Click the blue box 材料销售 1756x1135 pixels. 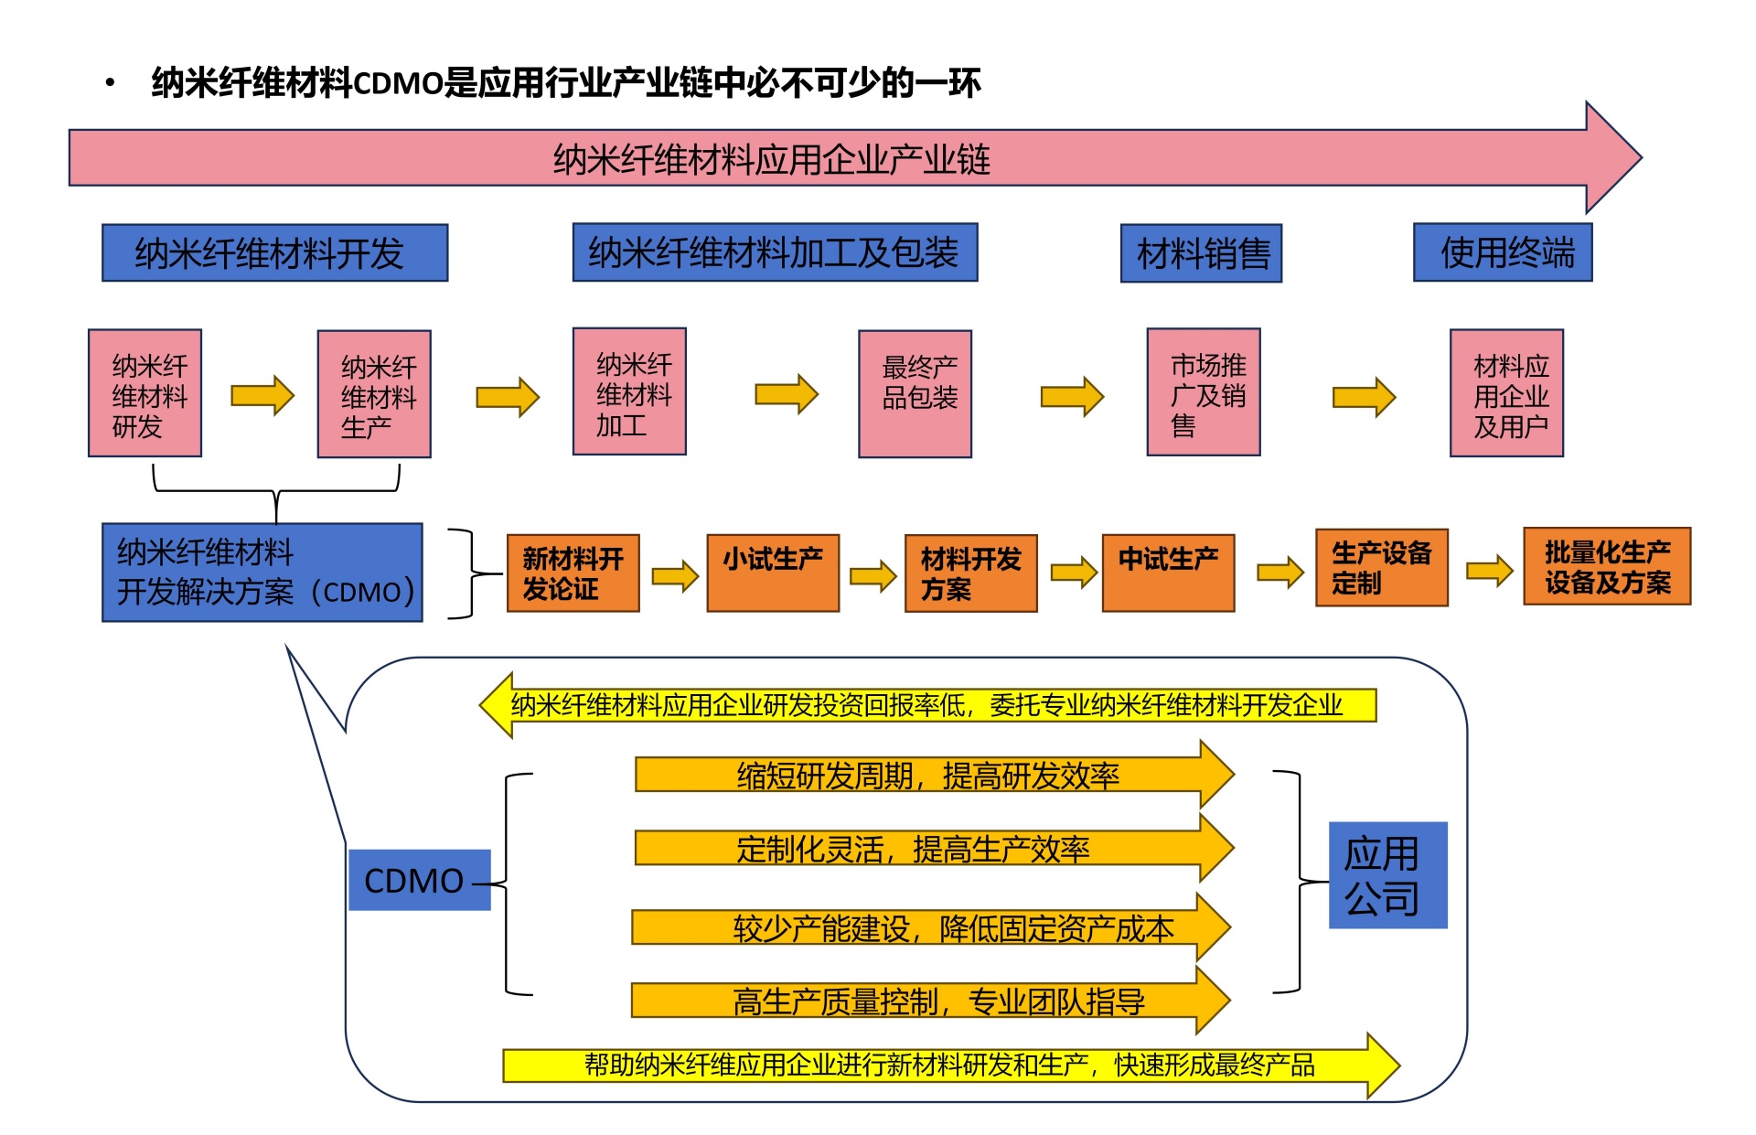(x=1201, y=253)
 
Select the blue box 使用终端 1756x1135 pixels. (x=1503, y=252)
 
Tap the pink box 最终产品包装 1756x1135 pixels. (x=915, y=394)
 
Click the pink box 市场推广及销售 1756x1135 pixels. (x=1204, y=392)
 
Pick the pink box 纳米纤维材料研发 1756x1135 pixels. (x=145, y=393)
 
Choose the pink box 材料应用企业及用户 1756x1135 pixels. (x=1506, y=393)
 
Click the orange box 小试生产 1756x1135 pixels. (x=773, y=573)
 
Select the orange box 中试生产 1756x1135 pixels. (x=1168, y=573)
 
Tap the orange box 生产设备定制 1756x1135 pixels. (x=1381, y=568)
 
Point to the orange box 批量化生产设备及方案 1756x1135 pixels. (x=1607, y=567)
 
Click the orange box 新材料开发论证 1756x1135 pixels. (x=573, y=573)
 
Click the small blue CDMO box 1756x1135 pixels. (x=419, y=880)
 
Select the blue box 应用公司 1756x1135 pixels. (x=1387, y=875)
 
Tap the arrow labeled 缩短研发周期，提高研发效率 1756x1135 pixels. (x=928, y=776)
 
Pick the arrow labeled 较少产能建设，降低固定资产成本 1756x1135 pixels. (x=928, y=928)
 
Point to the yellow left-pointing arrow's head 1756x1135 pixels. (x=498, y=706)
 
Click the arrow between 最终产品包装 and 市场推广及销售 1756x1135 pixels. (x=1072, y=396)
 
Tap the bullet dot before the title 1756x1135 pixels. (x=111, y=84)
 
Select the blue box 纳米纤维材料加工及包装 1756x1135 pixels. (x=775, y=252)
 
